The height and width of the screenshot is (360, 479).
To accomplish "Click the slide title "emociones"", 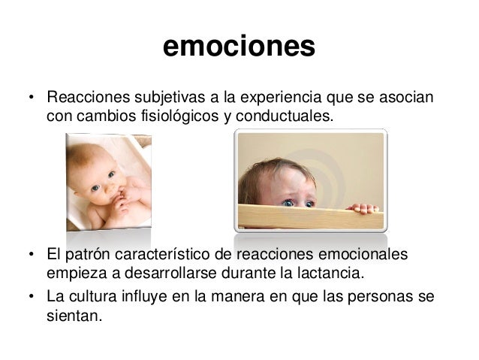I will (239, 47).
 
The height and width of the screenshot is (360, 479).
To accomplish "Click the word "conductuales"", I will (285, 117).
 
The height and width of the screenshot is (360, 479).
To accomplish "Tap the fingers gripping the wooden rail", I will (363, 207).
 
